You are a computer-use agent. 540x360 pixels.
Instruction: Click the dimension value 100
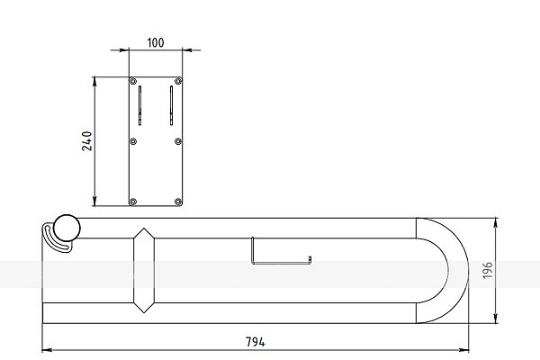156,42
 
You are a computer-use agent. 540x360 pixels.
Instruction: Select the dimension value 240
87,141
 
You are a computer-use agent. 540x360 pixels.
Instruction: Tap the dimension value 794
256,342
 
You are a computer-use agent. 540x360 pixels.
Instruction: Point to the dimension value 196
487,270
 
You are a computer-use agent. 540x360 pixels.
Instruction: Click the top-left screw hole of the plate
133,81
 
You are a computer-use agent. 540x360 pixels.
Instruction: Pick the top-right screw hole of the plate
178,81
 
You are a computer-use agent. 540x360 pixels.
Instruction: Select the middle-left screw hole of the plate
133,141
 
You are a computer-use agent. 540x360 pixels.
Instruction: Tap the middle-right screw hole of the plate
178,141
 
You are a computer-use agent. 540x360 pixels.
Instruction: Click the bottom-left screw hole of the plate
133,202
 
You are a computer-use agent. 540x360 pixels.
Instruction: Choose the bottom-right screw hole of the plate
178,202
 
